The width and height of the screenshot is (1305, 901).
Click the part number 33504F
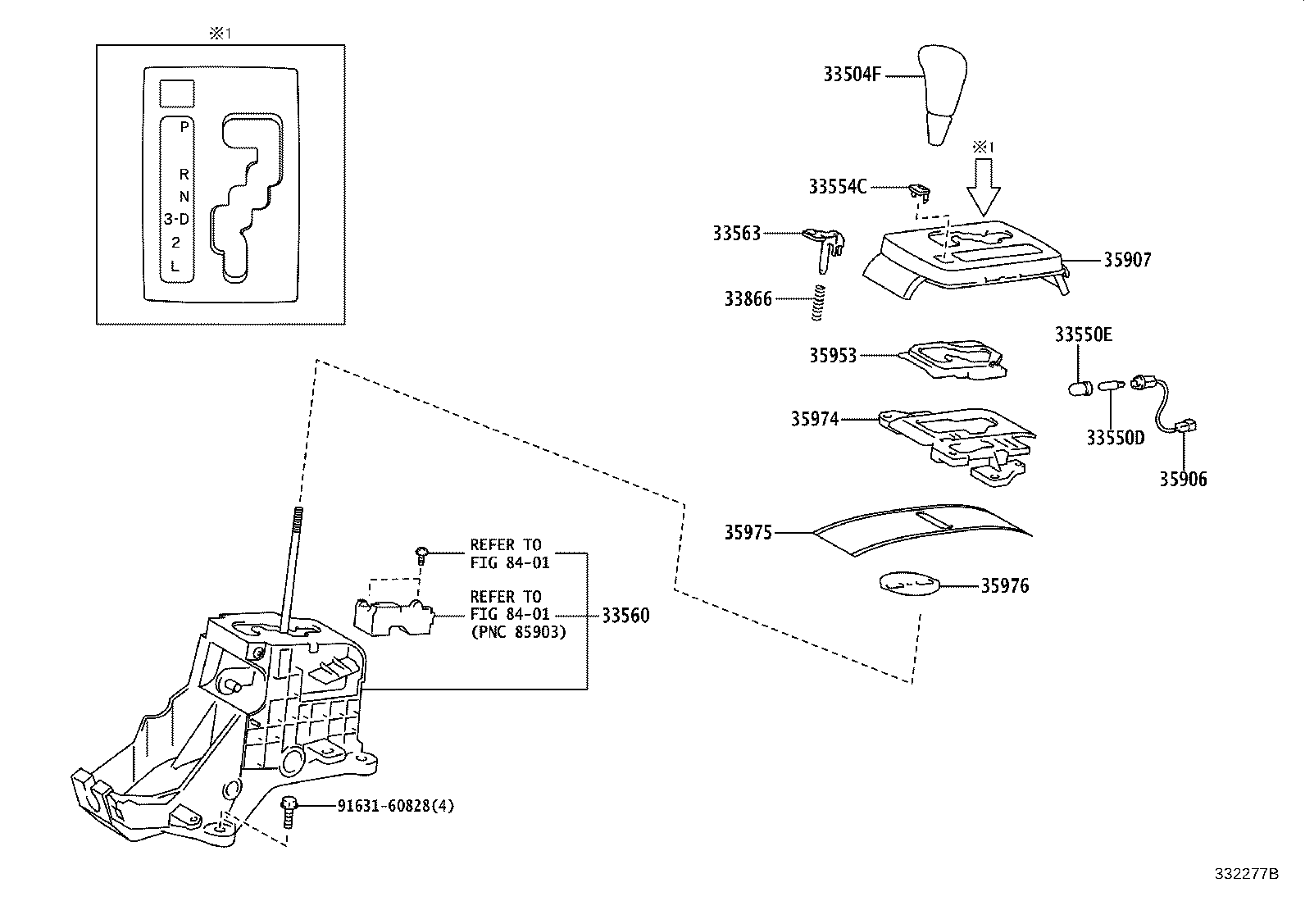[852, 75]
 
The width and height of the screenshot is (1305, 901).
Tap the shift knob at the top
[942, 93]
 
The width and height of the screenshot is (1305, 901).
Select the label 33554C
[837, 186]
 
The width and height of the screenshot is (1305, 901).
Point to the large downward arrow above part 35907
[984, 188]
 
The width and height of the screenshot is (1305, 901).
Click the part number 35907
[1128, 260]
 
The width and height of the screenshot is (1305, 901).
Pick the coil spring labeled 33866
[819, 303]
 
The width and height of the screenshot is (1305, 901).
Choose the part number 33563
[737, 233]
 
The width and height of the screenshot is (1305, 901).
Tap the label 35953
[833, 356]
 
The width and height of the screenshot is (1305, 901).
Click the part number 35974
[815, 419]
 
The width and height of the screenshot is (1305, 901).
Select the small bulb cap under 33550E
[1080, 388]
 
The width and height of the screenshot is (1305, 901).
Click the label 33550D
[1116, 438]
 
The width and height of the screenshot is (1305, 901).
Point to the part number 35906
[1183, 479]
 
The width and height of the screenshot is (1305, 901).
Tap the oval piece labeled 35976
[909, 584]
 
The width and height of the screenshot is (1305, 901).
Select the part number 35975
[748, 533]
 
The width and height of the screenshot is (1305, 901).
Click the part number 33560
[625, 616]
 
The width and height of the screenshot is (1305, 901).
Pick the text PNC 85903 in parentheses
[519, 632]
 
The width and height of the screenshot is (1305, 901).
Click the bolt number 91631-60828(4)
[396, 806]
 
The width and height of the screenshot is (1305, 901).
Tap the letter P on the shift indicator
[184, 126]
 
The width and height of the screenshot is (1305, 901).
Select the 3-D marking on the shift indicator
[176, 219]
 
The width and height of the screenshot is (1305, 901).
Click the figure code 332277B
[1247, 874]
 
